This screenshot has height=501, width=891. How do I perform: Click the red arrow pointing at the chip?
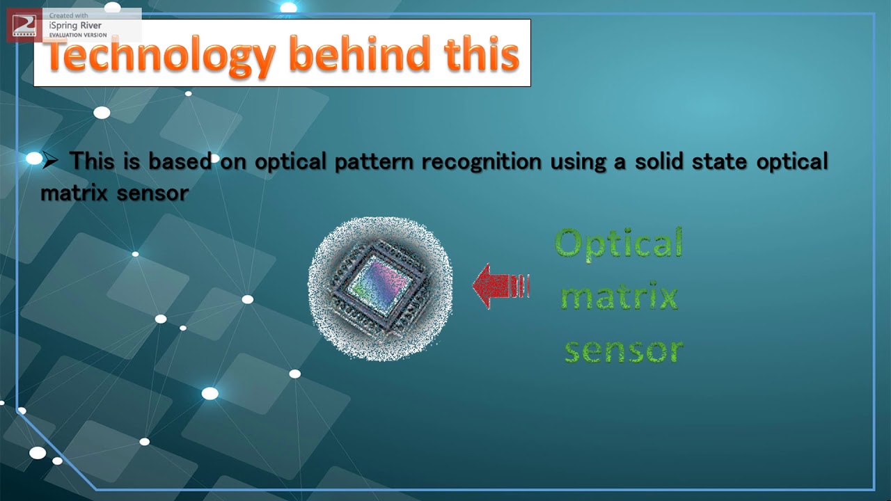point(500,286)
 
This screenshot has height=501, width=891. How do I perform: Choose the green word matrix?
point(620,298)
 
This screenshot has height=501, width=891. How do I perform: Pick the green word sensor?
point(624,350)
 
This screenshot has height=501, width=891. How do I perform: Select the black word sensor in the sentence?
point(152,193)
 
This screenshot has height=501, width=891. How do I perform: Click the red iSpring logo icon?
point(24,26)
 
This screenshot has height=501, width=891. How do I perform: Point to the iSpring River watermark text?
point(75,26)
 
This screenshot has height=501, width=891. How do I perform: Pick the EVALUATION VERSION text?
point(78,35)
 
